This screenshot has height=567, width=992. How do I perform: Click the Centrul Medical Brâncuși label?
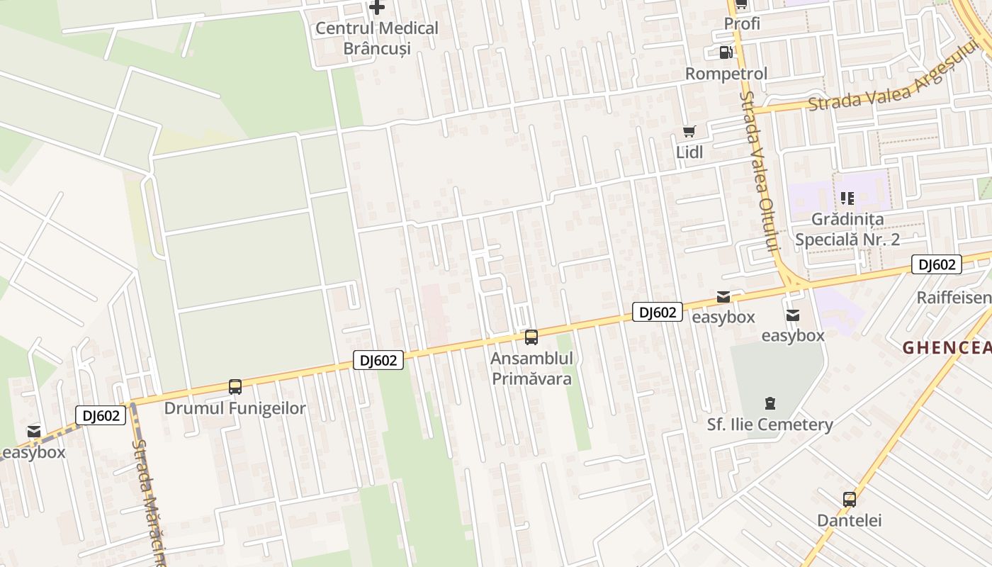pyautogui.click(x=377, y=38)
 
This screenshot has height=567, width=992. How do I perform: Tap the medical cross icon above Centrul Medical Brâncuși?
pyautogui.click(x=377, y=8)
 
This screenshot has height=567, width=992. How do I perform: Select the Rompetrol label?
pyautogui.click(x=726, y=74)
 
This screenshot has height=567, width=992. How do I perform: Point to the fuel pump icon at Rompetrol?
pyautogui.click(x=726, y=52)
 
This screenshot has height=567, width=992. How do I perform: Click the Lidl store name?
pyautogui.click(x=689, y=152)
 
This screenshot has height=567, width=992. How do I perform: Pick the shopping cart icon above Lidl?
pyautogui.click(x=689, y=131)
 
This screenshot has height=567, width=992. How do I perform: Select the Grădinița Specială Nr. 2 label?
pyautogui.click(x=847, y=229)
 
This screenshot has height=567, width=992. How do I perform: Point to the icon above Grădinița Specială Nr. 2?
pyautogui.click(x=847, y=198)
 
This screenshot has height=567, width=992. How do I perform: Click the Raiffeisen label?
pyautogui.click(x=954, y=297)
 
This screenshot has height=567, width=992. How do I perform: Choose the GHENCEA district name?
pyautogui.click(x=947, y=347)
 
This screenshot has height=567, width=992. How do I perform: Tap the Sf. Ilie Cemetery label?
pyautogui.click(x=770, y=425)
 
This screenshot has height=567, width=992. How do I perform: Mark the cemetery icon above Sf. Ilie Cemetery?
pyautogui.click(x=770, y=404)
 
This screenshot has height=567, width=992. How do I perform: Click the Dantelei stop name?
pyautogui.click(x=850, y=520)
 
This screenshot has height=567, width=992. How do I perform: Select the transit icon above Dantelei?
pyautogui.click(x=850, y=499)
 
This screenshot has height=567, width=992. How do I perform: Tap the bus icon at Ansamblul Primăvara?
pyautogui.click(x=531, y=337)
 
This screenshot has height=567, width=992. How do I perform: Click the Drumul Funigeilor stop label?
pyautogui.click(x=235, y=408)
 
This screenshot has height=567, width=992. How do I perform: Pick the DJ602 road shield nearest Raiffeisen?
pyautogui.click(x=936, y=265)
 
